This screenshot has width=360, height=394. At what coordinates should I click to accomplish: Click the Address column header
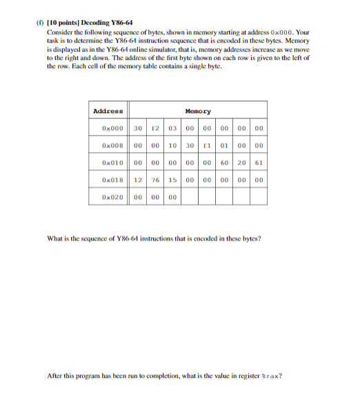pos(108,111)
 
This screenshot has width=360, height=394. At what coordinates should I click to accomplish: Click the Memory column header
pos(199,111)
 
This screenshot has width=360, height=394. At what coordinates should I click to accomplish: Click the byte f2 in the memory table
pos(156,128)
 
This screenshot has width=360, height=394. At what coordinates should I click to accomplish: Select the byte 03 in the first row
pos(173,128)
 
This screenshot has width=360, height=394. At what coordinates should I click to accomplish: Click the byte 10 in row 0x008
pos(173,145)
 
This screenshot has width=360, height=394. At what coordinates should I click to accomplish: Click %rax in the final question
pos(271,375)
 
